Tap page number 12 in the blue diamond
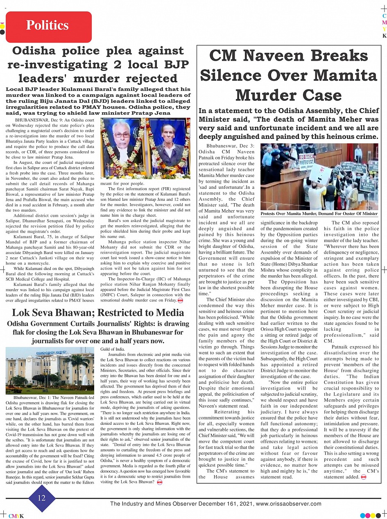pyautogui.click(x=42, y=498)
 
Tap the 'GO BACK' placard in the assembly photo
pyautogui.click(x=306, y=157)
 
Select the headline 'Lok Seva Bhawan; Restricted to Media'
pyautogui.click(x=98, y=313)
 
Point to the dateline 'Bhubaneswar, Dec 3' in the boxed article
pyautogui.click(x=230, y=146)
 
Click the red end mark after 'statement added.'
pyautogui.click(x=363, y=477)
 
